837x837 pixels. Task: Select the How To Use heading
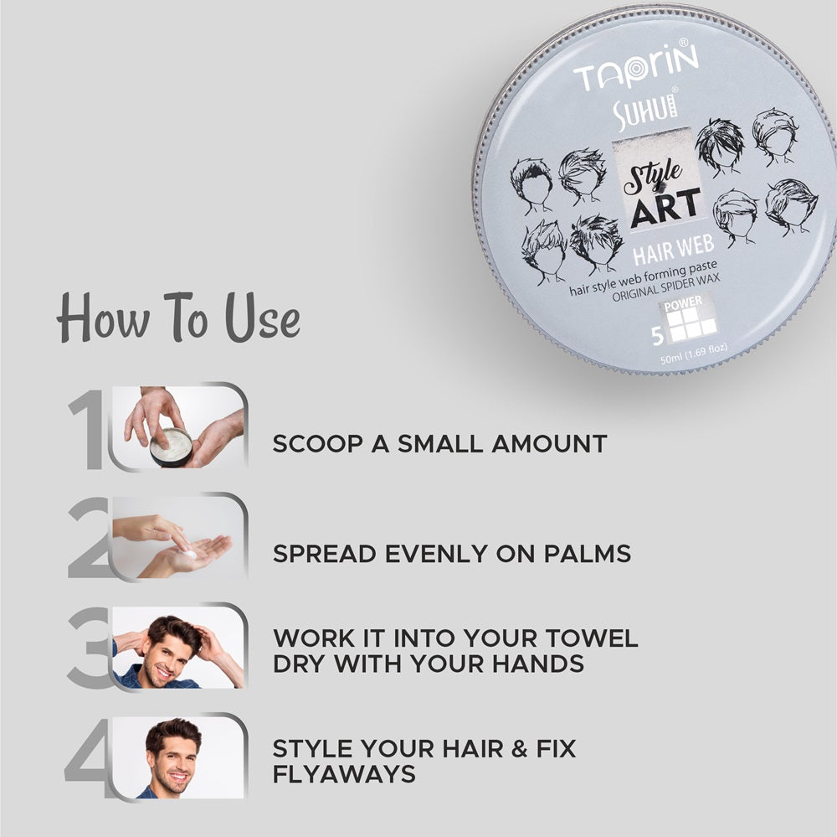click(x=177, y=319)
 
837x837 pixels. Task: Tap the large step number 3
click(x=89, y=646)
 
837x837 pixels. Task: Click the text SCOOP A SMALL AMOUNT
click(x=439, y=443)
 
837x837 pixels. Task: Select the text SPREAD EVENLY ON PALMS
click(x=451, y=554)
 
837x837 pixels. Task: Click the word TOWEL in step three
click(x=593, y=638)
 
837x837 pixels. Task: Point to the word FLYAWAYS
click(x=343, y=774)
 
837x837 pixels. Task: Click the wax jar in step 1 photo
click(x=172, y=447)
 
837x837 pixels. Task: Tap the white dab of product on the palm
click(x=192, y=554)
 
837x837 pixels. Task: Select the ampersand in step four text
click(x=485, y=747)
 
